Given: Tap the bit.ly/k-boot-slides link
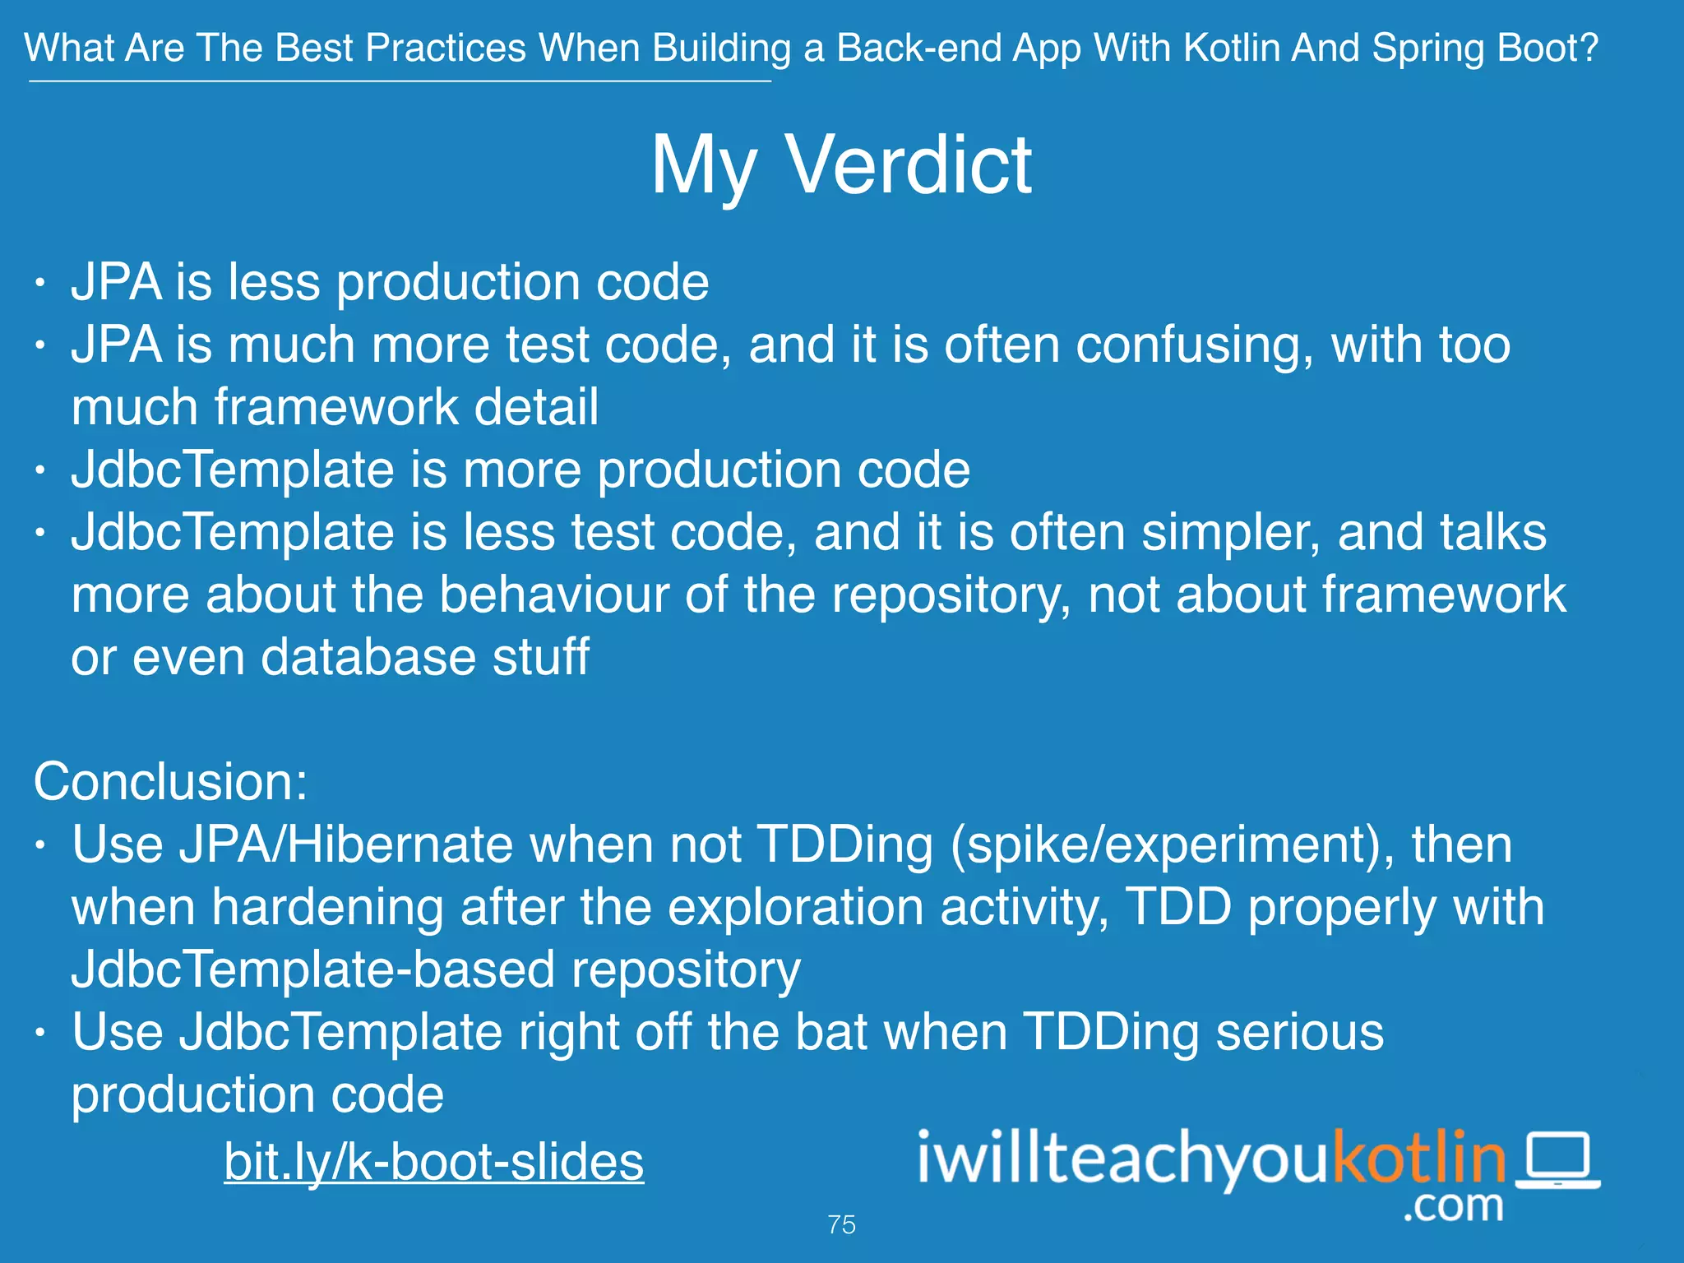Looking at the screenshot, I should (x=433, y=1161).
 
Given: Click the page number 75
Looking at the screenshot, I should (x=841, y=1224).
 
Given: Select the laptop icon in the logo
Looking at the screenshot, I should (x=1557, y=1161).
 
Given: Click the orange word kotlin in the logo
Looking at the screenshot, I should (x=1418, y=1158).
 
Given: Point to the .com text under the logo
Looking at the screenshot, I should (x=1454, y=1205).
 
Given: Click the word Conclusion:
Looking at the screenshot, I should (x=170, y=781).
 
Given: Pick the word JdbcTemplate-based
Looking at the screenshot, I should (x=313, y=969).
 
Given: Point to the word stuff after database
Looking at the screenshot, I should (x=540, y=657).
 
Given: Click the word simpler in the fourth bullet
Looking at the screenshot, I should (x=1231, y=532).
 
